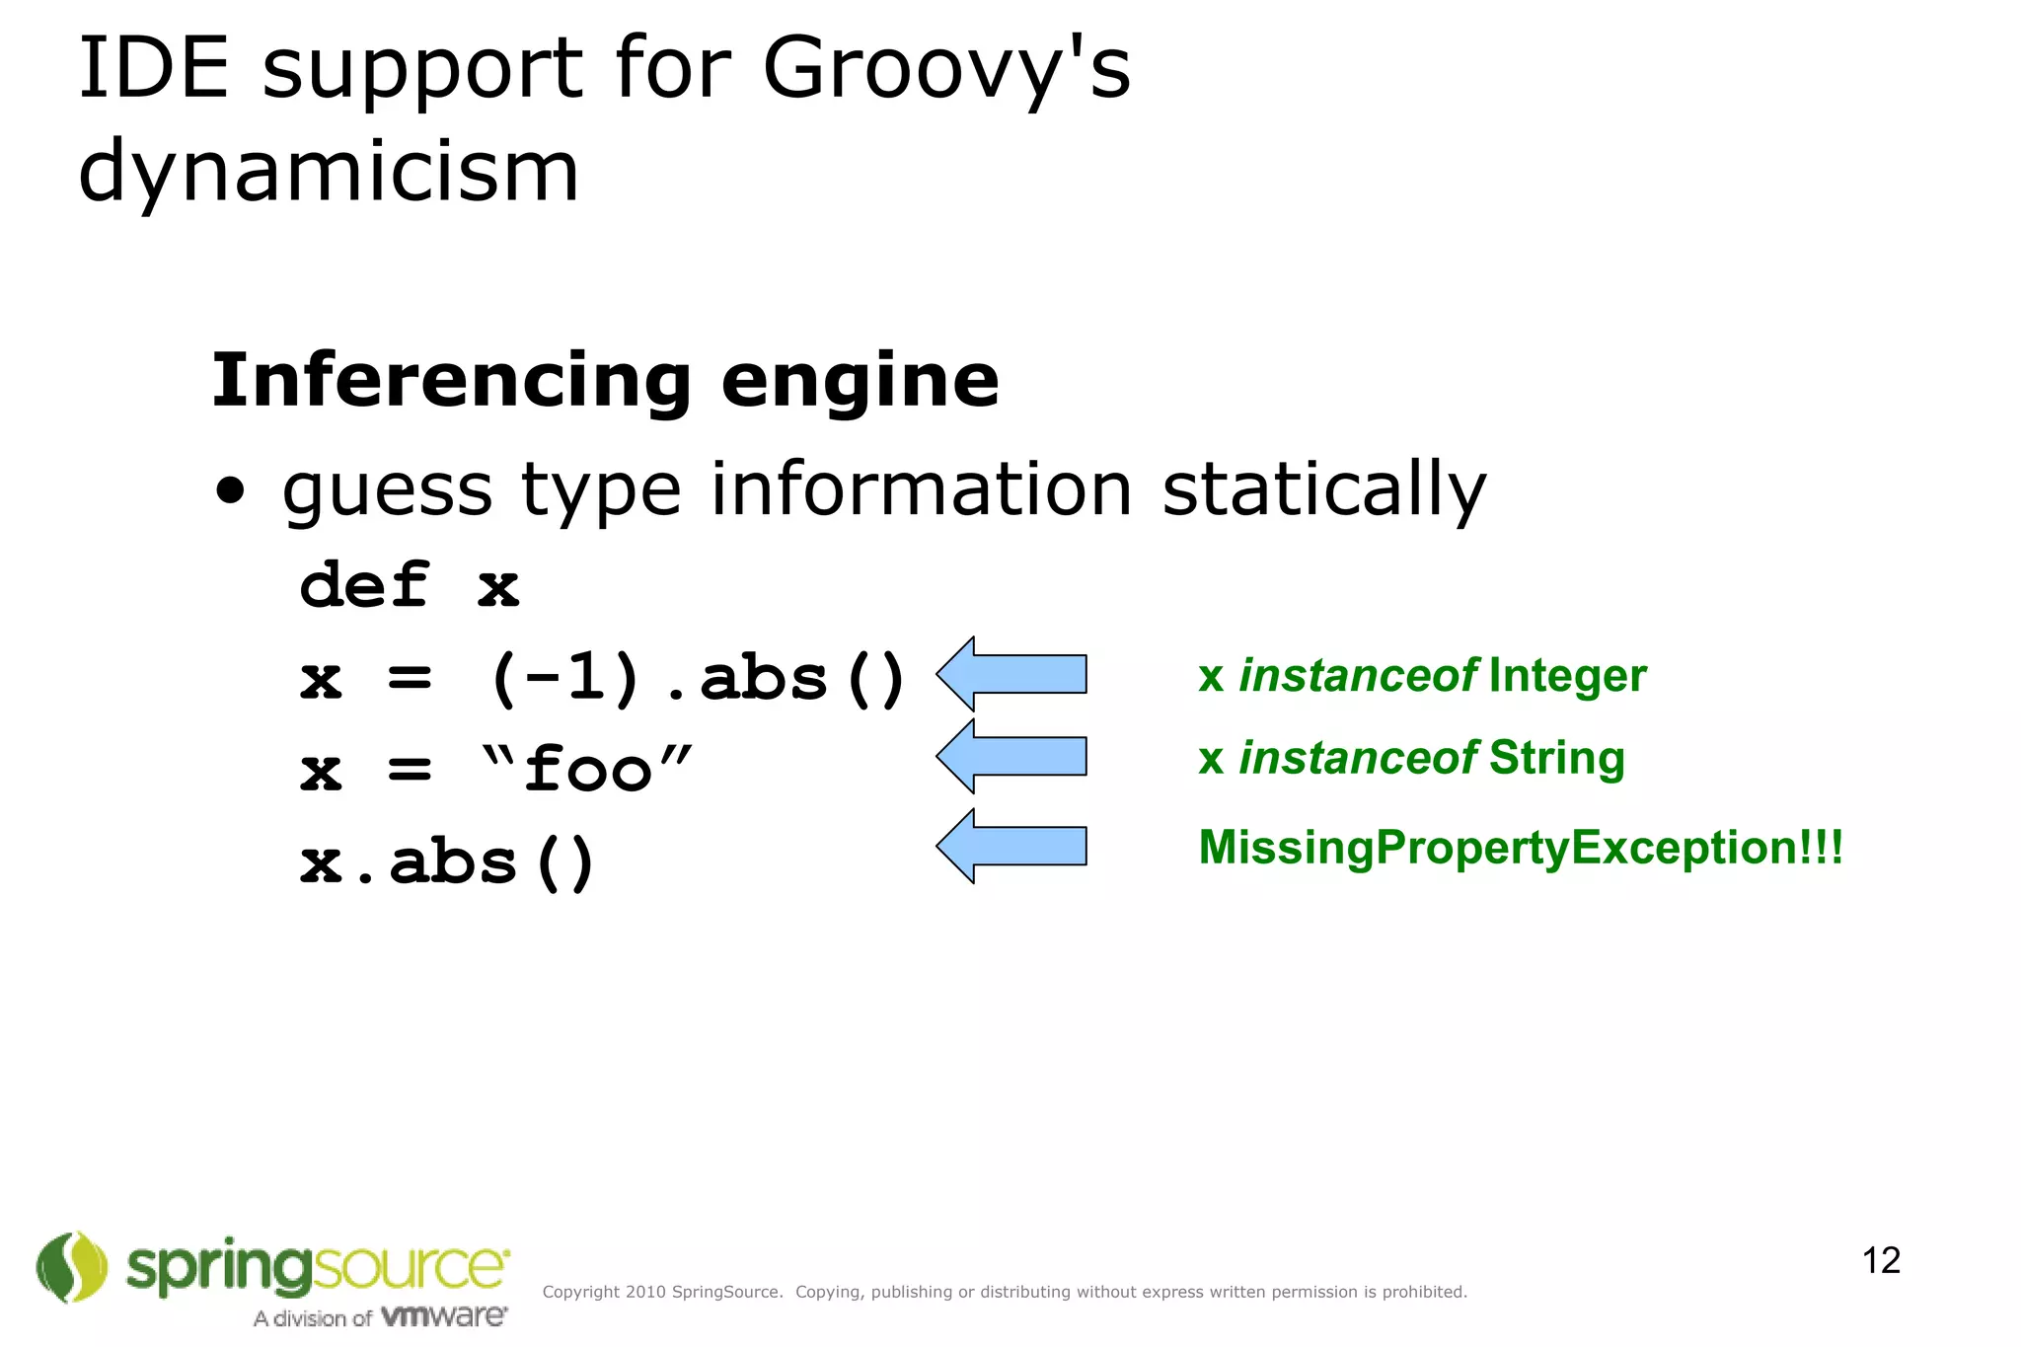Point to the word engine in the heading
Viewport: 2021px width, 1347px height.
point(861,383)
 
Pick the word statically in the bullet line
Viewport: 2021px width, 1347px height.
point(1324,490)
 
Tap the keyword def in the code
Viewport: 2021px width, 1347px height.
point(364,584)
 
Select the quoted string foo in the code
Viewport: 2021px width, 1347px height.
point(588,769)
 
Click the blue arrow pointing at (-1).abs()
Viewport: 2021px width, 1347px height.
point(1011,674)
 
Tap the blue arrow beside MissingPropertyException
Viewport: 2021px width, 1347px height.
point(1011,846)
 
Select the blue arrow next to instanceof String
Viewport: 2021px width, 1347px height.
point(1011,756)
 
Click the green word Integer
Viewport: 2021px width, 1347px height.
point(1567,676)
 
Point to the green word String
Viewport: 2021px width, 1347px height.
point(1556,758)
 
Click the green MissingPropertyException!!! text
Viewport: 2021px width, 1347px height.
point(1521,848)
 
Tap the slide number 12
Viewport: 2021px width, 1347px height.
point(1881,1260)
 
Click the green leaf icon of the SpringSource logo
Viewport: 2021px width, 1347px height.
point(72,1267)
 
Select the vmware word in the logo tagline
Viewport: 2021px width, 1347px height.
point(444,1316)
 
